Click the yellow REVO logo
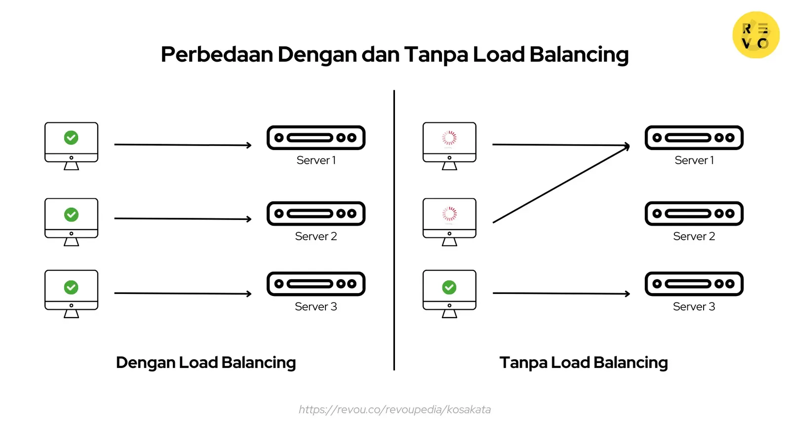(755, 35)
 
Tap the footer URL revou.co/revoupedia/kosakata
(395, 409)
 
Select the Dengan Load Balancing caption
(205, 363)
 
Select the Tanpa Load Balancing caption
(584, 363)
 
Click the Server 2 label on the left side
(316, 236)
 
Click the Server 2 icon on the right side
(694, 214)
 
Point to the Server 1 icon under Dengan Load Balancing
(316, 138)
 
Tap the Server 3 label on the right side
(694, 307)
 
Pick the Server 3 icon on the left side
(316, 284)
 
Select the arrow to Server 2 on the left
(183, 219)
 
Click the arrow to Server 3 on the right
(561, 294)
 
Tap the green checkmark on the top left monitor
(71, 138)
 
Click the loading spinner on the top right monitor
(449, 138)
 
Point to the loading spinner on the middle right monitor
(449, 214)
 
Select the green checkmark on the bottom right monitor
(449, 287)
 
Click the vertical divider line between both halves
(394, 229)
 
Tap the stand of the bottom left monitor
(71, 314)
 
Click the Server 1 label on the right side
(694, 160)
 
